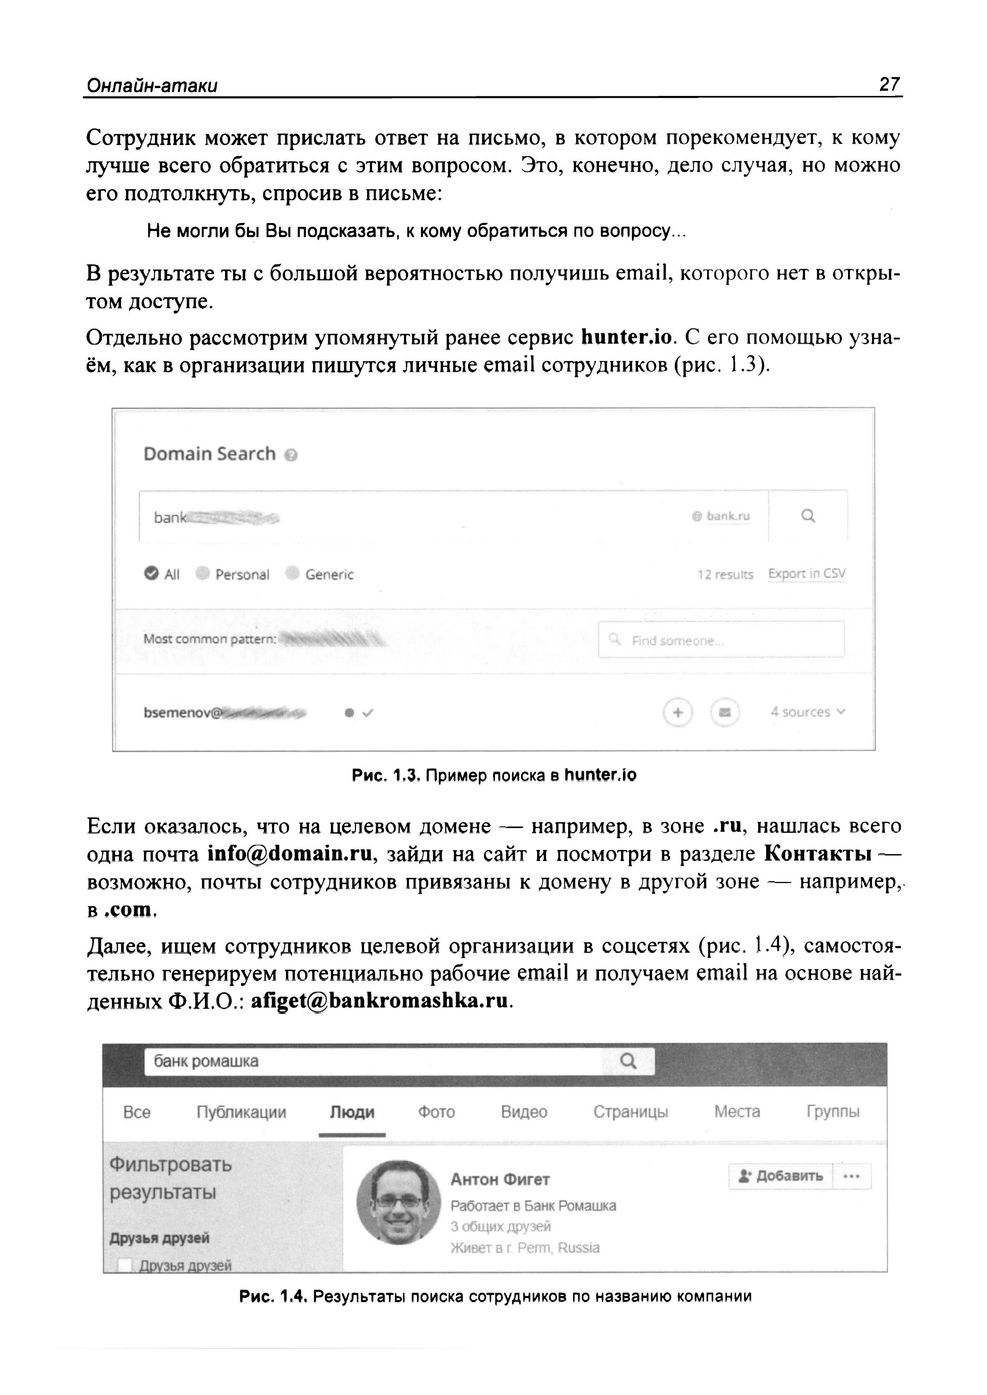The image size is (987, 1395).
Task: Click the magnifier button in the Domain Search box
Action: click(808, 516)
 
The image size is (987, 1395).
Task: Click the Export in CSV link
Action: click(807, 574)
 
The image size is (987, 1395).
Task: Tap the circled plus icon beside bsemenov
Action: click(678, 712)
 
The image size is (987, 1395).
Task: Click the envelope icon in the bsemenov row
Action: click(725, 712)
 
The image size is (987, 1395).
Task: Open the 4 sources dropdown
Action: click(808, 712)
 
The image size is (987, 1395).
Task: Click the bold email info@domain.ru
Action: click(289, 854)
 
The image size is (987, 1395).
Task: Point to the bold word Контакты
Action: click(818, 854)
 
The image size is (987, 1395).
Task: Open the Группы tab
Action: click(833, 1112)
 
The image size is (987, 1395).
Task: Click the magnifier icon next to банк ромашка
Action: click(628, 1062)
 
